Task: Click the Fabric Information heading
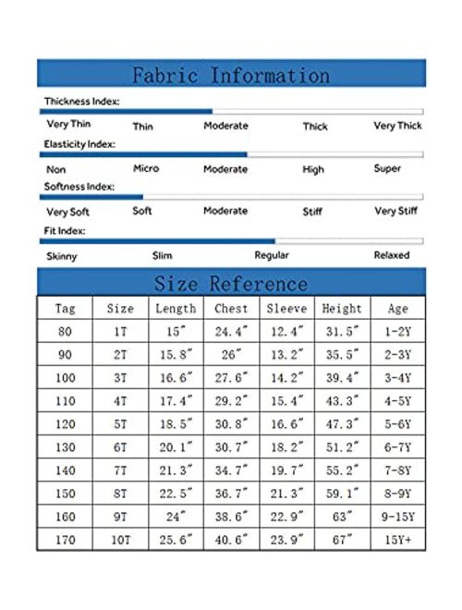click(x=230, y=75)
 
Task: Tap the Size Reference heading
click(x=230, y=283)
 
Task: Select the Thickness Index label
click(x=81, y=102)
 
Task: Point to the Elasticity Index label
click(x=79, y=144)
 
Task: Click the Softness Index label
click(x=79, y=187)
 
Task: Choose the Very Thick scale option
click(x=397, y=126)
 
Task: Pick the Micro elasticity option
click(x=145, y=168)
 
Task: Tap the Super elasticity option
click(x=387, y=168)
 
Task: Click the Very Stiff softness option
click(x=396, y=211)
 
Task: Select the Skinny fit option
click(x=62, y=255)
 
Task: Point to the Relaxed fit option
click(x=391, y=255)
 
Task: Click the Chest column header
click(x=231, y=309)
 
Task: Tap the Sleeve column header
click(x=286, y=309)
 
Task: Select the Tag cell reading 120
click(x=66, y=424)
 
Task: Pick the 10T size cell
click(x=120, y=540)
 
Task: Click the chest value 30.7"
click(x=231, y=447)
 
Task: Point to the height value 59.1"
click(x=342, y=494)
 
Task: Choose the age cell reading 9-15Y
click(x=398, y=517)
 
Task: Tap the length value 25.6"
click(x=176, y=540)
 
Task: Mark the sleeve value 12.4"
click(x=286, y=332)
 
